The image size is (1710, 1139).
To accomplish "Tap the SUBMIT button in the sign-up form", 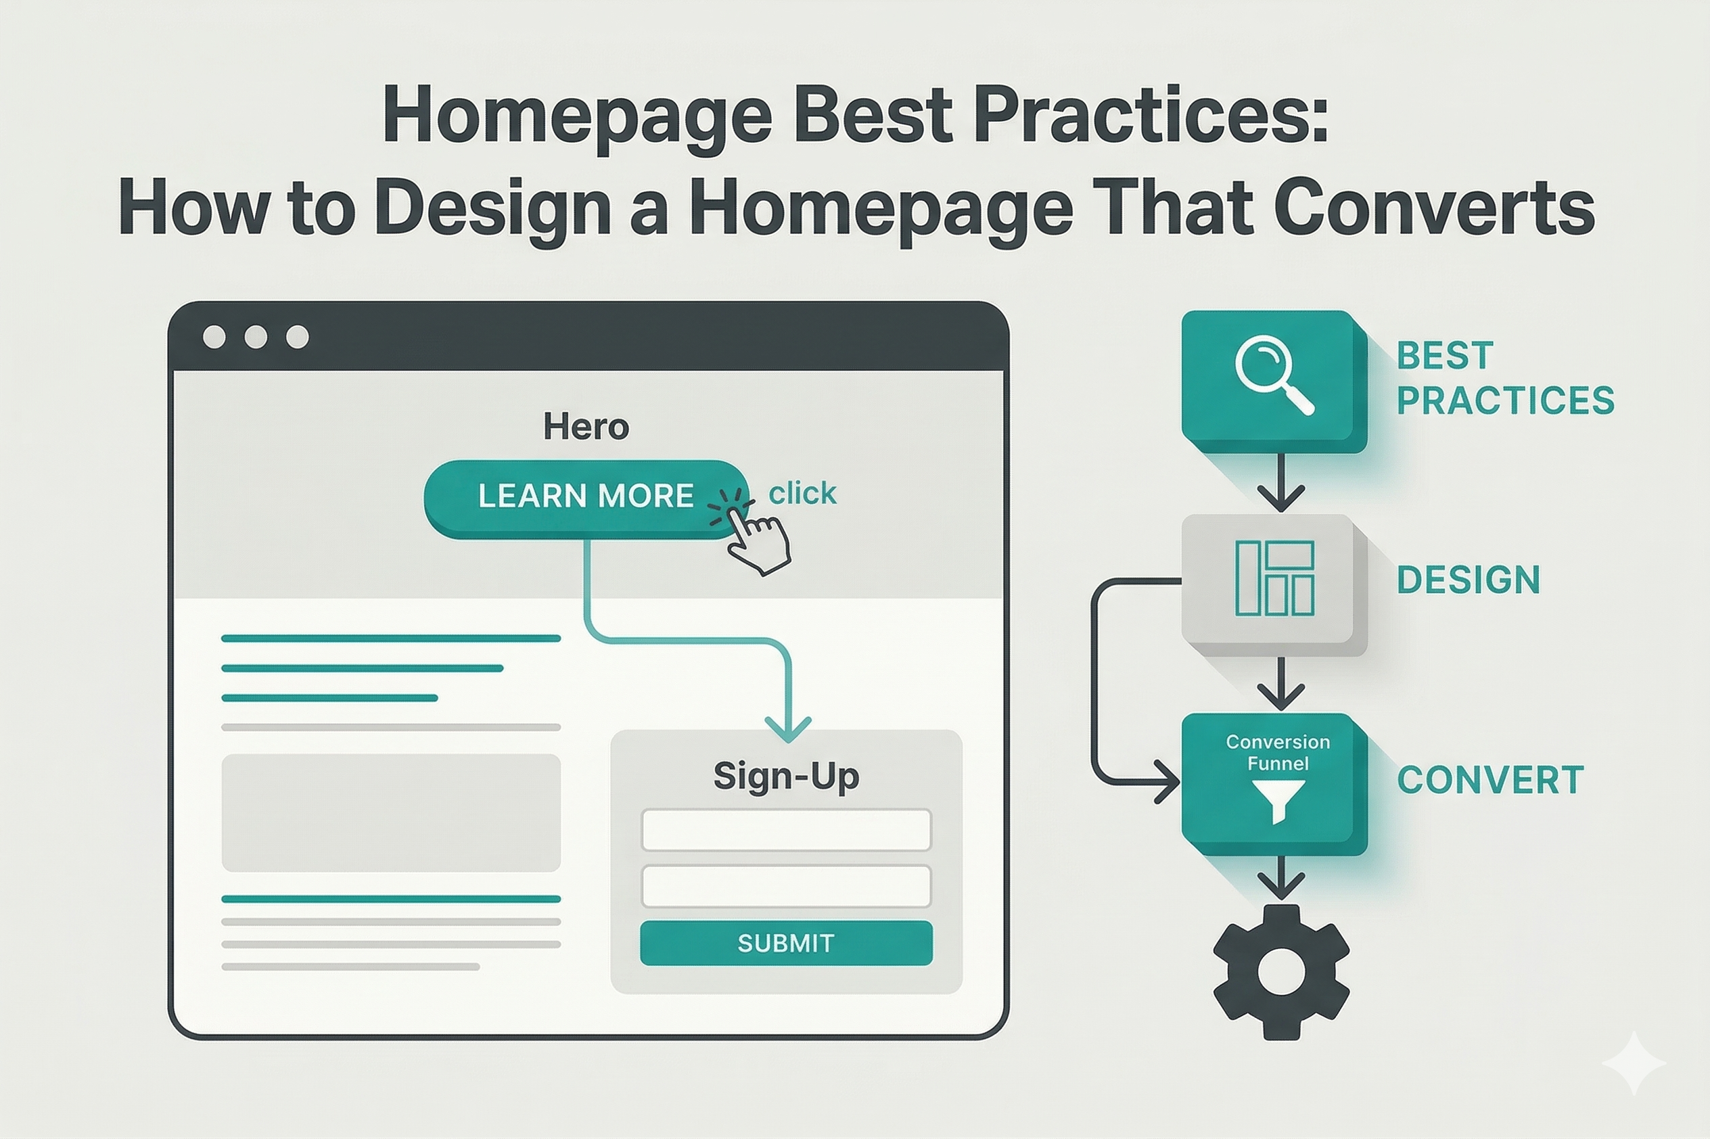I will [786, 943].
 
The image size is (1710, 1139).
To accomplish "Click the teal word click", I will [802, 493].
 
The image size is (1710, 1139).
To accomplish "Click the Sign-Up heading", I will [786, 776].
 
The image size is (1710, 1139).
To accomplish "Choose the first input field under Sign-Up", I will [786, 829].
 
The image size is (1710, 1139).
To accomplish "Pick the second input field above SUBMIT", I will [786, 886].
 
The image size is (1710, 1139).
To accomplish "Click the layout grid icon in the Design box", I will [1274, 578].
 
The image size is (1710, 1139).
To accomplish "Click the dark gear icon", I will [1280, 971].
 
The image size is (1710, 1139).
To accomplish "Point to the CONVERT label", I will [1490, 780].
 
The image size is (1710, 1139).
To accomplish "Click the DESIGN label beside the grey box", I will [1468, 580].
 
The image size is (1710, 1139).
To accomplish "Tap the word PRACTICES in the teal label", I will [1505, 400].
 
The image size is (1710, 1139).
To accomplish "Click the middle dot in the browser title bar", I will [256, 337].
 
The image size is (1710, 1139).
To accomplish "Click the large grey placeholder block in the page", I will [391, 812].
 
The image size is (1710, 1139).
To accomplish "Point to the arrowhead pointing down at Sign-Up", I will [788, 728].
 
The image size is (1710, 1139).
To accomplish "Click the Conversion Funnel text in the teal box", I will [1278, 752].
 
